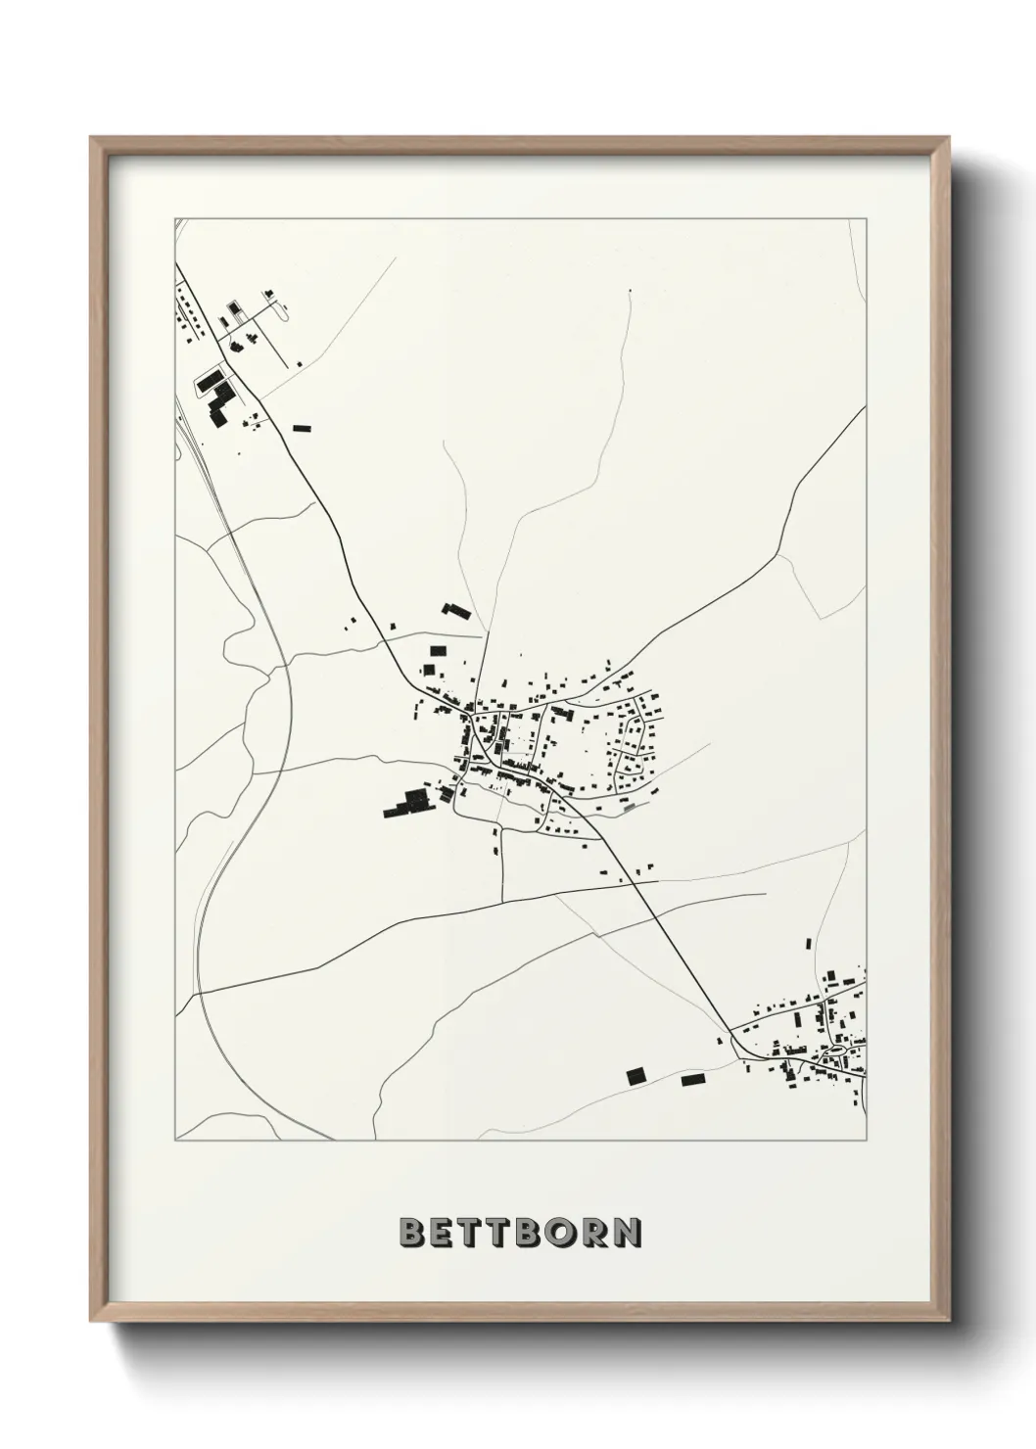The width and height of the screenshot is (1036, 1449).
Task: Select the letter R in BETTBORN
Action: [596, 1233]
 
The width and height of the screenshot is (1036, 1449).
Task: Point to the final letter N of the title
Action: [628, 1233]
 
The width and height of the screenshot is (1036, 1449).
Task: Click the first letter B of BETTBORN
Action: [414, 1233]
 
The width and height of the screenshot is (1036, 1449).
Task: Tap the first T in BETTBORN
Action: [475, 1233]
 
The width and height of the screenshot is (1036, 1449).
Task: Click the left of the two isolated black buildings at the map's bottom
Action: [636, 1075]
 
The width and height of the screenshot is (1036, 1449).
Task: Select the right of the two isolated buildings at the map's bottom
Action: [693, 1079]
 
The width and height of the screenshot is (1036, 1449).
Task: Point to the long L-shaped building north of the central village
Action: [456, 612]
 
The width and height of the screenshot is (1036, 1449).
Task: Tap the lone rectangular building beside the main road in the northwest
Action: [302, 427]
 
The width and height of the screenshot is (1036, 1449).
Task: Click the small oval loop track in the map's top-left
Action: [284, 310]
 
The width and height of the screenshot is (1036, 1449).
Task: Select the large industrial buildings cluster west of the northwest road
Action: [215, 394]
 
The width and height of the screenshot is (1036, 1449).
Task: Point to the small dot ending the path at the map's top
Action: [630, 291]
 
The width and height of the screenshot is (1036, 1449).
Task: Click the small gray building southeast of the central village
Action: [628, 807]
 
